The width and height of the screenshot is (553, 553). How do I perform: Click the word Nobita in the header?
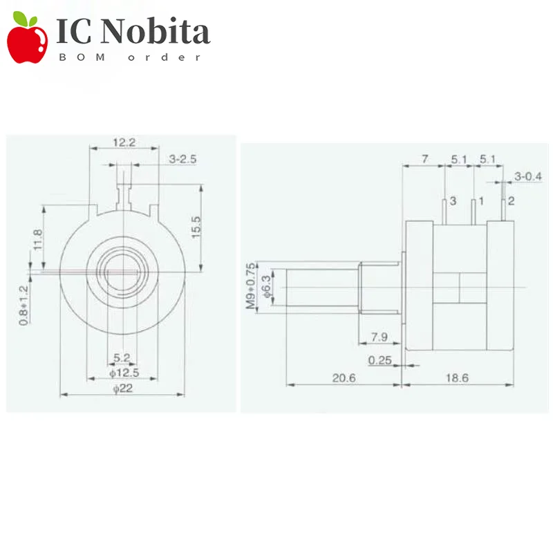tap(156, 32)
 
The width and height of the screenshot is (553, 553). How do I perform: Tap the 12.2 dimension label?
tap(124, 142)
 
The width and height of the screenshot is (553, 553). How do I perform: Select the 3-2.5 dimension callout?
tap(182, 159)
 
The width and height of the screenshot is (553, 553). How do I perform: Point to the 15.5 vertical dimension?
tap(196, 227)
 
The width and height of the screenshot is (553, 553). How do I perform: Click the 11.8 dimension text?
tap(38, 240)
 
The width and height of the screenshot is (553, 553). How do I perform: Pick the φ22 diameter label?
tap(123, 388)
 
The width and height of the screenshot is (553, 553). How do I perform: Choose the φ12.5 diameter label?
tap(124, 373)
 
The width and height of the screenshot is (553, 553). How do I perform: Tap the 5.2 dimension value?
tap(122, 357)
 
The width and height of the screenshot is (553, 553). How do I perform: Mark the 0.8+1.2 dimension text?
tap(24, 306)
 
